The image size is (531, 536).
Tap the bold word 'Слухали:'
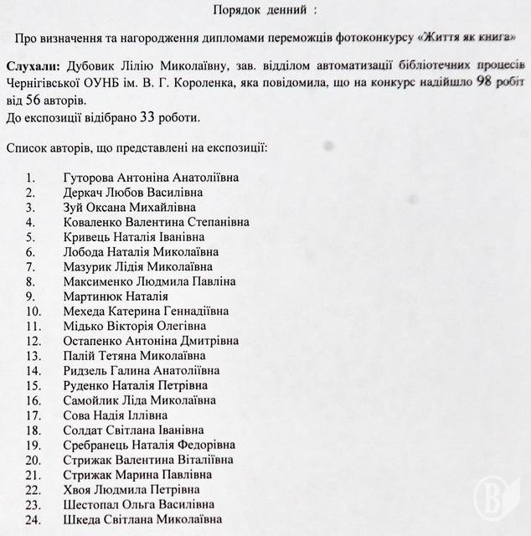point(33,64)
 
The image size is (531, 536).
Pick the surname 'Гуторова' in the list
point(90,178)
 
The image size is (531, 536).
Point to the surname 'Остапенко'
point(94,342)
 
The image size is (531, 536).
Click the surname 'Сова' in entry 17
point(77,415)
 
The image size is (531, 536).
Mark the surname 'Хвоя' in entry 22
point(78,490)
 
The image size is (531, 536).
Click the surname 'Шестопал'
point(92,505)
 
